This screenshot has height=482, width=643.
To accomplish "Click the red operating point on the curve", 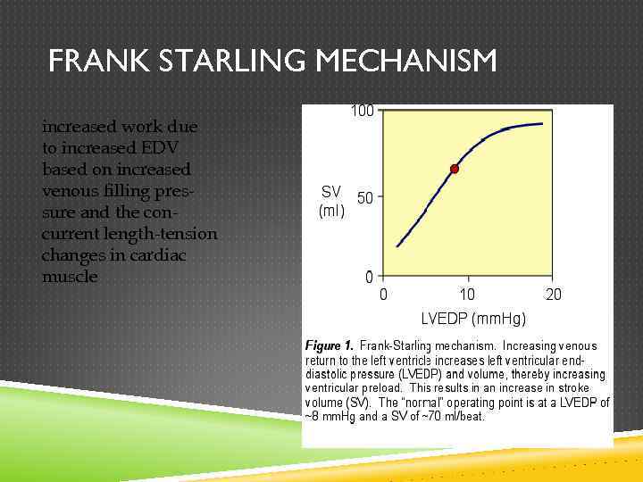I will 454,169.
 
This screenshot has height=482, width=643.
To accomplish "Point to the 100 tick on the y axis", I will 362,112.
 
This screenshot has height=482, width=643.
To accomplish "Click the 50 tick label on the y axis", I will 366,196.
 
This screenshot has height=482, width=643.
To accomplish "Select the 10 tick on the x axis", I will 467,295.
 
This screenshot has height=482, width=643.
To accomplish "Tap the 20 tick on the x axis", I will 553,295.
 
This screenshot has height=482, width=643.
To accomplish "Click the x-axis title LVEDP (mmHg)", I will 473,319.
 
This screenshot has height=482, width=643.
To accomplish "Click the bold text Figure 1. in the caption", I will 330,345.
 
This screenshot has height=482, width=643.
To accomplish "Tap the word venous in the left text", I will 69,191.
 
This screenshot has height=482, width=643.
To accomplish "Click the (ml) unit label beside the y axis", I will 331,212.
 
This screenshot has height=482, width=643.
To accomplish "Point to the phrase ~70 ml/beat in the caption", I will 447,417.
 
